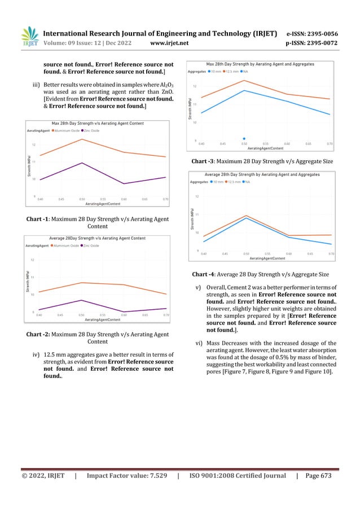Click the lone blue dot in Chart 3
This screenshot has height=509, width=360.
pyautogui.click(x=244, y=138)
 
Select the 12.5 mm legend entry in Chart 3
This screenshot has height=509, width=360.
pyautogui.click(x=236, y=72)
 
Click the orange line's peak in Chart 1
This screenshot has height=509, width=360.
pyautogui.click(x=82, y=139)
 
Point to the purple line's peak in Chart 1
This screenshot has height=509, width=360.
pyautogui.click(x=82, y=163)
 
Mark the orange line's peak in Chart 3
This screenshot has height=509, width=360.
pyautogui.click(x=244, y=80)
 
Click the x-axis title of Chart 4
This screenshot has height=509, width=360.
pyautogui.click(x=267, y=258)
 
